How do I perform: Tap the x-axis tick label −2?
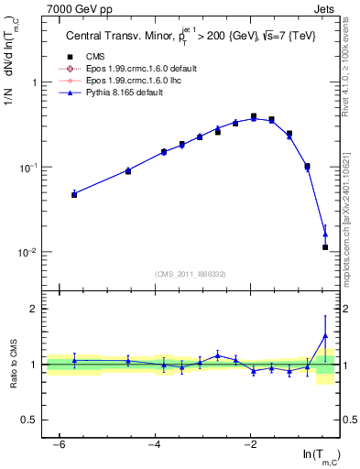pyautogui.click(x=250, y=444)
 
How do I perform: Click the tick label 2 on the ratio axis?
pyautogui.click(x=34, y=309)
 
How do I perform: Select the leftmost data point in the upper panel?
pyautogui.click(x=74, y=194)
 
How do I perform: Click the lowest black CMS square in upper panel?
pyautogui.click(x=325, y=247)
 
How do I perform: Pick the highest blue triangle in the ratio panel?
pyautogui.click(x=325, y=335)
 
